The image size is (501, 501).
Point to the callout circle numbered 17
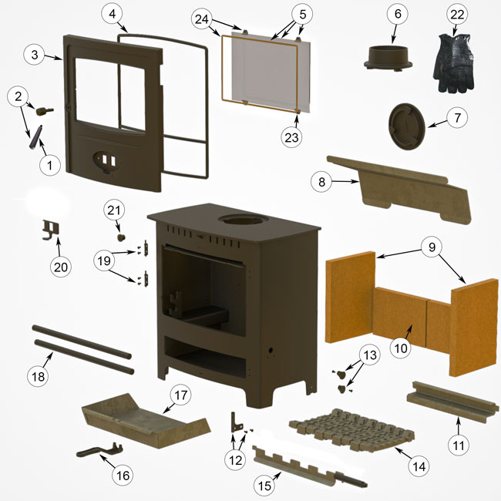[180, 395]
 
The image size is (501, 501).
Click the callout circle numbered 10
[401, 348]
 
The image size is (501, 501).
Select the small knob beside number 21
[120, 236]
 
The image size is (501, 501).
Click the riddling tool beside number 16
[100, 451]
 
